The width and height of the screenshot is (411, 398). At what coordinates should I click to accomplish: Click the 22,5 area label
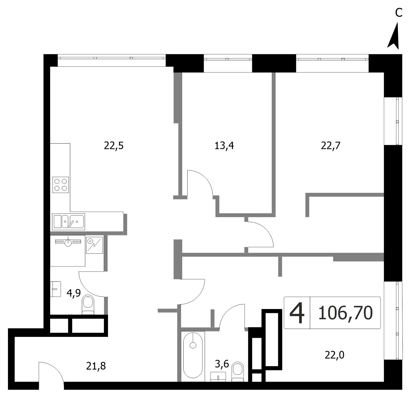click(114, 146)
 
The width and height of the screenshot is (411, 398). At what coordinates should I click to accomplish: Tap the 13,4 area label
click(224, 146)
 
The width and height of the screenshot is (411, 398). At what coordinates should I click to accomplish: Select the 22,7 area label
click(331, 146)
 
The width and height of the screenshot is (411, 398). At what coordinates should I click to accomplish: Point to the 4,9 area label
click(74, 293)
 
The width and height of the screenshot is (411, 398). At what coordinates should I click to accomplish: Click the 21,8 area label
click(96, 366)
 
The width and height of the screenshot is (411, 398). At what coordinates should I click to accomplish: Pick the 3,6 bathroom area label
click(222, 364)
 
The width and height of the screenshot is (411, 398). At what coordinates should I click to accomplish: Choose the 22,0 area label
click(335, 355)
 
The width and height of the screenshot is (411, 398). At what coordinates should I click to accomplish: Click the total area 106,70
click(345, 313)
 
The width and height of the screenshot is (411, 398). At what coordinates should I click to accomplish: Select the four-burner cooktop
click(61, 185)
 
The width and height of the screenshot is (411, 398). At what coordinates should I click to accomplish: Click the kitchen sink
click(68, 222)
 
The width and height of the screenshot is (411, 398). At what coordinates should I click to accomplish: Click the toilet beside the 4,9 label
click(88, 305)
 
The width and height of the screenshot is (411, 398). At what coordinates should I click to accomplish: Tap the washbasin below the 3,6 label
click(218, 377)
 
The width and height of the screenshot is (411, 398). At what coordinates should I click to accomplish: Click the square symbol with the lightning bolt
click(94, 245)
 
